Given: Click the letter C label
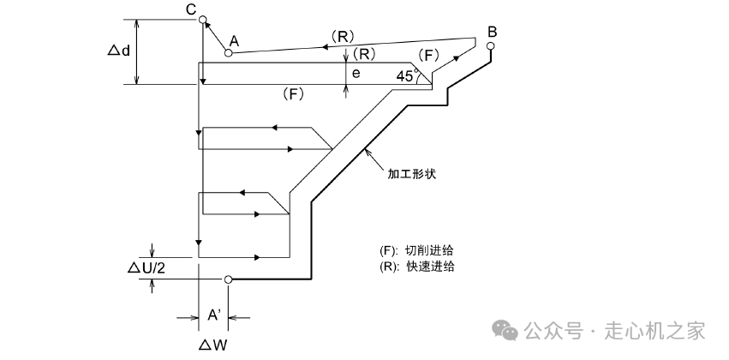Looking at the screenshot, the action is tap(191, 9).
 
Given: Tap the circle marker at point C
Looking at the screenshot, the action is tap(203, 20).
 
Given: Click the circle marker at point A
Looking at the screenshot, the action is tap(228, 53).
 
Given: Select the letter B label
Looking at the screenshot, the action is tap(492, 32).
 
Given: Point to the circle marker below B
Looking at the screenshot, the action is tap(491, 46).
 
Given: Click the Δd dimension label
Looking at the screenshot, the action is tap(119, 51).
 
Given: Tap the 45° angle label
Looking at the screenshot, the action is tap(407, 75).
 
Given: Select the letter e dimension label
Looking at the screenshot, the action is tap(356, 74).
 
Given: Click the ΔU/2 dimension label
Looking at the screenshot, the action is tap(146, 267).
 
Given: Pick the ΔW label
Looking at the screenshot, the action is tap(213, 345).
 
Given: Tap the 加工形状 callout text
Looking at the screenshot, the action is tap(412, 174).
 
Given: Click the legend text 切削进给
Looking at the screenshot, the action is tap(429, 250).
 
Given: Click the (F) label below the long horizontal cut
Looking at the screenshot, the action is tap(293, 94).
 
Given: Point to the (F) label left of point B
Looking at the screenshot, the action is tap(428, 56).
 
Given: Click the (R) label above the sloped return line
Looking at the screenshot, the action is tap(343, 36).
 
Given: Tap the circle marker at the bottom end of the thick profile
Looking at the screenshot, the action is tap(228, 279).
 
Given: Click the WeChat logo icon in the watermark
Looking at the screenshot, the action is tap(505, 330).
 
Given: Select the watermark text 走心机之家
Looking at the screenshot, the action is tap(655, 331).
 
